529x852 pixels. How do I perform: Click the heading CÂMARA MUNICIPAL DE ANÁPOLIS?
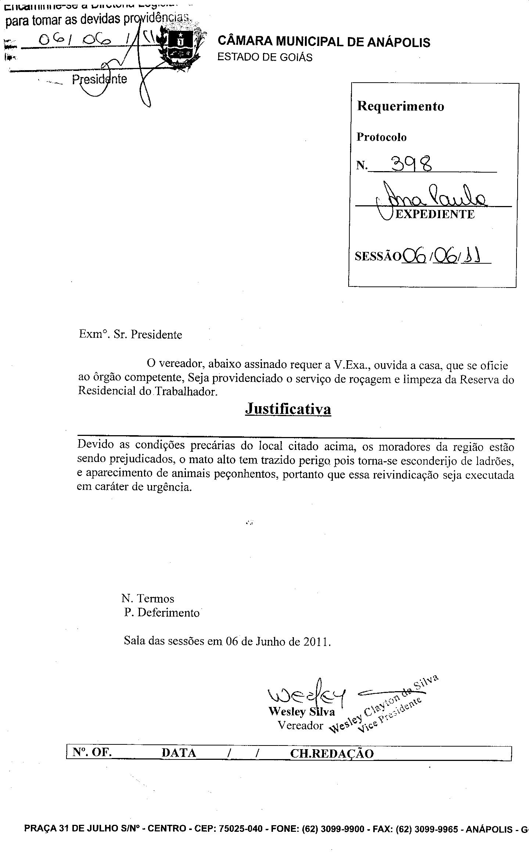tap(324, 42)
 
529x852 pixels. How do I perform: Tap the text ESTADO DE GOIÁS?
tap(265, 58)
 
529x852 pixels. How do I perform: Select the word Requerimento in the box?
tap(400, 106)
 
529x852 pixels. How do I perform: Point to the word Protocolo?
tap(381, 137)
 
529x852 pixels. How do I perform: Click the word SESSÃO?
tap(378, 256)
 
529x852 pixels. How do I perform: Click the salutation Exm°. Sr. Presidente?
tap(130, 335)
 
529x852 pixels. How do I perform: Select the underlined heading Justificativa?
tap(288, 409)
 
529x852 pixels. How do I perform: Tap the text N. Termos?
tap(148, 599)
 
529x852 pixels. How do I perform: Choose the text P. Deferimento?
tap(162, 613)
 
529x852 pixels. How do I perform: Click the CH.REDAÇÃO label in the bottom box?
tap(332, 754)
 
